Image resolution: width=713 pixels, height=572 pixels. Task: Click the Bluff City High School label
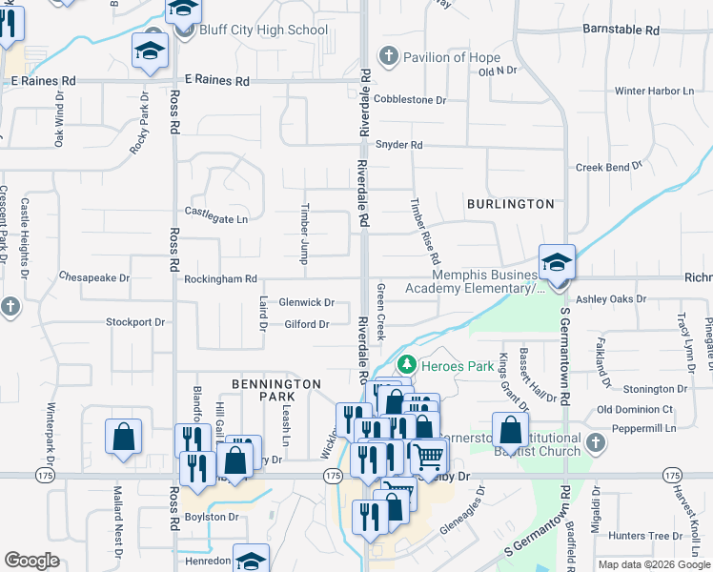(x=263, y=31)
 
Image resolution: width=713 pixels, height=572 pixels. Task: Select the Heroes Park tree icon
(x=407, y=364)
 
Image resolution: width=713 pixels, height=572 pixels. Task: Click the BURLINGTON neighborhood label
(x=510, y=204)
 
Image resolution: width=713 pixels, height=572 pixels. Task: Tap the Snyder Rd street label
(x=398, y=145)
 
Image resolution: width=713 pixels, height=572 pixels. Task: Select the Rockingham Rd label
(x=221, y=279)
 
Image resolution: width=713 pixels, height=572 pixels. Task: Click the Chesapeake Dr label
(x=93, y=277)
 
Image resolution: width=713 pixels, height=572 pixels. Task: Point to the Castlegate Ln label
(x=215, y=218)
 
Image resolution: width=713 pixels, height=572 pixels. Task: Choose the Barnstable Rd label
(x=621, y=31)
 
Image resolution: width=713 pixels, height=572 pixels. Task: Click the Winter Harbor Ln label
(x=654, y=92)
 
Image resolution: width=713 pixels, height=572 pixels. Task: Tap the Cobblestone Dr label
(x=411, y=99)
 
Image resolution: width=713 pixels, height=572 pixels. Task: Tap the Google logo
(x=32, y=562)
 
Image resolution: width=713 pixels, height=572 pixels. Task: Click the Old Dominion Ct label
(x=636, y=409)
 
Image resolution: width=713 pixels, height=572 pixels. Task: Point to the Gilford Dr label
(x=306, y=324)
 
